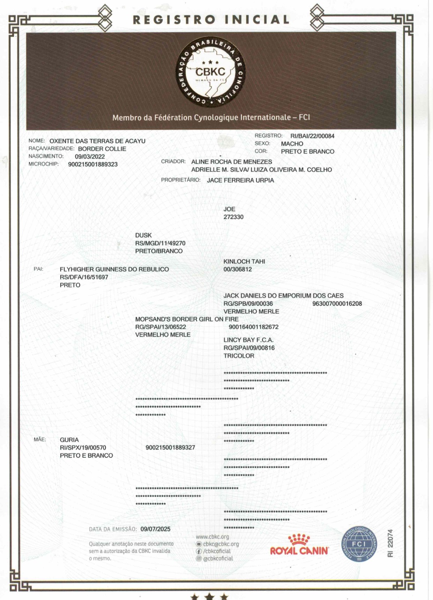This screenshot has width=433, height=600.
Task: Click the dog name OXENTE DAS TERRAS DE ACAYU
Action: pos(97,141)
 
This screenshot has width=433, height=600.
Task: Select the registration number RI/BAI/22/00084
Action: pos(312,136)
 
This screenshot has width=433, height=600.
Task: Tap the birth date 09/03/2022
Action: pos(90,157)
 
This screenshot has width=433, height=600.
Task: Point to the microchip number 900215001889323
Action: pos(93,165)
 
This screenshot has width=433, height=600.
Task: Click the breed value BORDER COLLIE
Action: pos(102,149)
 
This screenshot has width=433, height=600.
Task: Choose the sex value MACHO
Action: pos(292,144)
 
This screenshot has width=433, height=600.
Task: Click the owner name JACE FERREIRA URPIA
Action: pos(240,180)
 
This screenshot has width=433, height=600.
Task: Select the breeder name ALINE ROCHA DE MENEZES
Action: pos(232,162)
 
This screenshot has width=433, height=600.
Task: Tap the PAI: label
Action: pos(39,269)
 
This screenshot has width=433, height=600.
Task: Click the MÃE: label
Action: pos(40,439)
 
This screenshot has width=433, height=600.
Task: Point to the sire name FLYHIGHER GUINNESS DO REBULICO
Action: pos(114,269)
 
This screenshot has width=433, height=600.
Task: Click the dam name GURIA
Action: pos(69,440)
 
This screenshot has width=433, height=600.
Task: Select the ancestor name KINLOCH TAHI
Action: pos(244,261)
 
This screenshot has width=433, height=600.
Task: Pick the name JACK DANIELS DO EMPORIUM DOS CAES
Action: pos(283,296)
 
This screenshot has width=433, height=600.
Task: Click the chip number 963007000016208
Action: pos(337,304)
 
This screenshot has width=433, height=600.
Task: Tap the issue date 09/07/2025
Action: pos(155,529)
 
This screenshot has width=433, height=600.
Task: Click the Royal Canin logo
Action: pos(299,546)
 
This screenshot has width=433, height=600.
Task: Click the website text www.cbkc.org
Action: pos(212,537)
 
